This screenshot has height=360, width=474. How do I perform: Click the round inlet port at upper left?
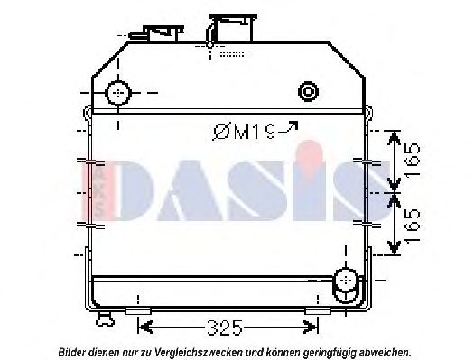pyautogui.click(x=118, y=94)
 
